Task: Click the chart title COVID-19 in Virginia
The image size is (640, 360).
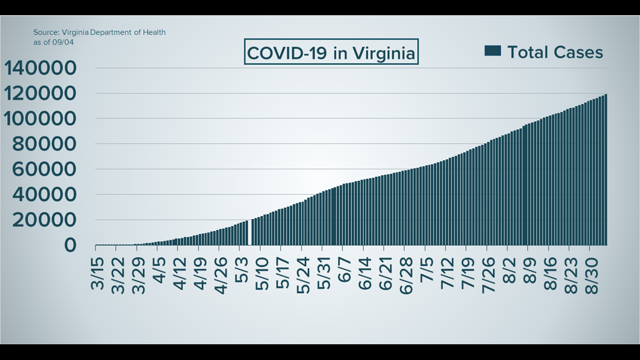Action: pos(331,53)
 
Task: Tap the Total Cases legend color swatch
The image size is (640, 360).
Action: pos(492,52)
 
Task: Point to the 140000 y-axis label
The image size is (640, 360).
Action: pos(40,69)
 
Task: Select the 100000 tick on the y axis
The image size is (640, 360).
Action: pos(40,119)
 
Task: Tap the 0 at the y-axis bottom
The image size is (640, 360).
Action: pos(70,245)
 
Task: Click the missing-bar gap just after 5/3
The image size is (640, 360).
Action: pos(250,233)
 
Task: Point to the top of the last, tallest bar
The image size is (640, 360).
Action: pos(605,94)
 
